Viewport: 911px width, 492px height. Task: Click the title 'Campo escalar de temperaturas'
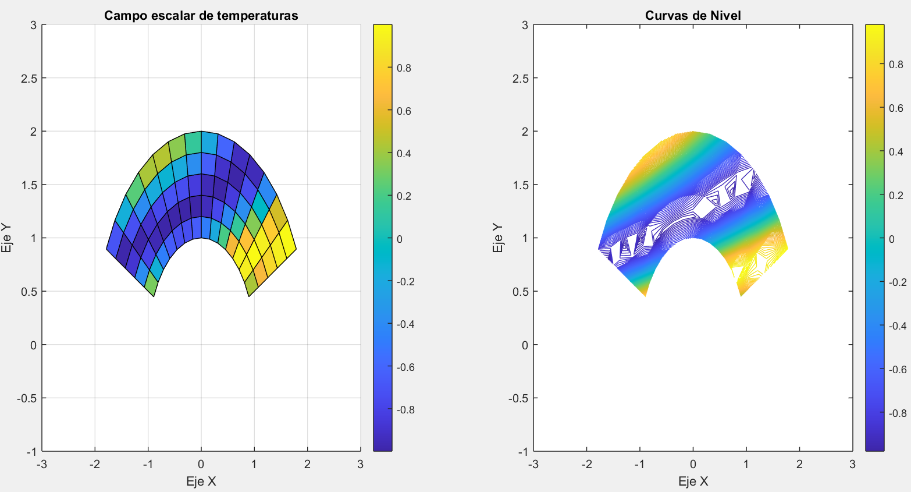(x=201, y=16)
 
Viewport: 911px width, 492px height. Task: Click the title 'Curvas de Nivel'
(x=693, y=16)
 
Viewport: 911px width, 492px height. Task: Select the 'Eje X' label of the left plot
(x=201, y=482)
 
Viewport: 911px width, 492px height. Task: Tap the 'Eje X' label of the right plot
(x=693, y=482)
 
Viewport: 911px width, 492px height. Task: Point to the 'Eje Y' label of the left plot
(x=7, y=238)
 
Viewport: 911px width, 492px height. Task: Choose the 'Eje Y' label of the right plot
(x=499, y=238)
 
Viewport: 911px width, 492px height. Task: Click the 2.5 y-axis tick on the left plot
(x=29, y=79)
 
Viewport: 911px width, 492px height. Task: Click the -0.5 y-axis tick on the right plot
(x=519, y=398)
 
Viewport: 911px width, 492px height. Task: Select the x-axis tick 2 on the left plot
(x=307, y=464)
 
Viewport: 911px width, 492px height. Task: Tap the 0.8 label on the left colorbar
(x=404, y=68)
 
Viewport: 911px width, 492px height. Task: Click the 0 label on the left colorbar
(x=400, y=239)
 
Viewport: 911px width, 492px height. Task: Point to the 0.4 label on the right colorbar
(x=896, y=152)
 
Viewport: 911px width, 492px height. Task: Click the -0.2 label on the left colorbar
(x=405, y=282)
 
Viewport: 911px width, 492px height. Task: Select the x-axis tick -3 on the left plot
(x=41, y=464)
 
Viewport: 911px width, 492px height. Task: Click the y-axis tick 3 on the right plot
(x=525, y=25)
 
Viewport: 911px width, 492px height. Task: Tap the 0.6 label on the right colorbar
(x=896, y=108)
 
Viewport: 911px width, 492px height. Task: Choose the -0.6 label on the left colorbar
(x=405, y=367)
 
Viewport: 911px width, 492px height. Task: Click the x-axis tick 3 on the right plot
(x=852, y=464)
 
